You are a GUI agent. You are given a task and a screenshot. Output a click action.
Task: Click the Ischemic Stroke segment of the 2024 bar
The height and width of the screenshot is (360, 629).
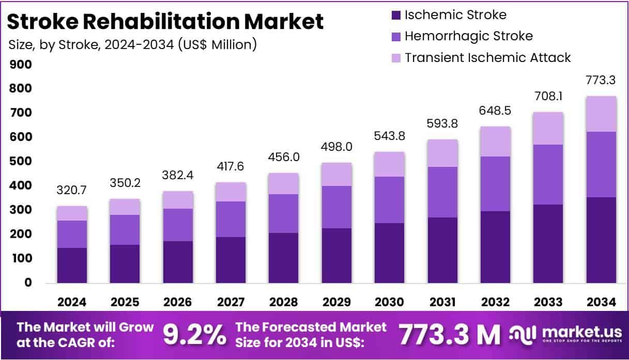(x=72, y=265)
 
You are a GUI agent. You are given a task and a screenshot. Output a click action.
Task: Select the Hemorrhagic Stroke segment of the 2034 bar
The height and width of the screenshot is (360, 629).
(x=601, y=164)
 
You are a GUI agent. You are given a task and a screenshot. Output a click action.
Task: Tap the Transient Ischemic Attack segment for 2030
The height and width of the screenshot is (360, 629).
(x=390, y=164)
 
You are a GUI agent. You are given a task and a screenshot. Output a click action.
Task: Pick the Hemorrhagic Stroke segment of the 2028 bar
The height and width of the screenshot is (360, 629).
(x=283, y=213)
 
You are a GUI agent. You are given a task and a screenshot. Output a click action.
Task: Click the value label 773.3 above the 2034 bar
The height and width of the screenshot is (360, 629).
(x=601, y=80)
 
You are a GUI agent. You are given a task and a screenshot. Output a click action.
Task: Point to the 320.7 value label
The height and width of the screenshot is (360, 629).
(x=72, y=191)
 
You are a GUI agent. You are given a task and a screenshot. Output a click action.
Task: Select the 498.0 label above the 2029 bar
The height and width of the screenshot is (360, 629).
(x=336, y=147)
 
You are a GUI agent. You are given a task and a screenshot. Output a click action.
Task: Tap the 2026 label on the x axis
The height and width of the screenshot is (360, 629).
(x=178, y=302)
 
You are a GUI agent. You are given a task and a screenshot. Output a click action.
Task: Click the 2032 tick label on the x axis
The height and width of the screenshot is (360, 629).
(x=495, y=302)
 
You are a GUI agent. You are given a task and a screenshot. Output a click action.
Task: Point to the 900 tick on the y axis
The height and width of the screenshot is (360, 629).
(x=21, y=65)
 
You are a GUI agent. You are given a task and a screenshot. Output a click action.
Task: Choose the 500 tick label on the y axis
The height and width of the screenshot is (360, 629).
(x=21, y=162)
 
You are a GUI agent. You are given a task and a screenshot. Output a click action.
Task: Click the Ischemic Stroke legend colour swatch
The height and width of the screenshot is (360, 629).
(x=396, y=15)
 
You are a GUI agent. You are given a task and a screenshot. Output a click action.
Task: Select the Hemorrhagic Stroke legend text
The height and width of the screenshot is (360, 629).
(x=468, y=36)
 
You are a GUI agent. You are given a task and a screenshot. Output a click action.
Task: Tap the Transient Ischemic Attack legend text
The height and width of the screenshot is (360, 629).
(x=487, y=57)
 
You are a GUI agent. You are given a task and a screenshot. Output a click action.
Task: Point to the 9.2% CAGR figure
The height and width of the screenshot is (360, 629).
(x=195, y=335)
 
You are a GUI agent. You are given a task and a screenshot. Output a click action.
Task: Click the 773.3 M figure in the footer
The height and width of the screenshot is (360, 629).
(x=449, y=335)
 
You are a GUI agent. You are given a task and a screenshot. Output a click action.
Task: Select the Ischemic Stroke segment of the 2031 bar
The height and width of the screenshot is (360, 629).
(x=442, y=250)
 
